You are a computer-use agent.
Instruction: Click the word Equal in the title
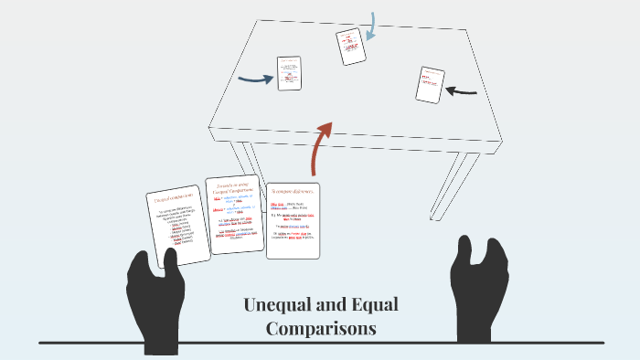coord(372,305)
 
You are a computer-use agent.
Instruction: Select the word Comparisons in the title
coord(321,329)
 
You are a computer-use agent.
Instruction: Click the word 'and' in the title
coord(329,305)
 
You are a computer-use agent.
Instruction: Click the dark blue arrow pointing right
coord(255,79)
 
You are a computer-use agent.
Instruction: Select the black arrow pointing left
coord(462,90)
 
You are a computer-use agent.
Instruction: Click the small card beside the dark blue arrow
coord(289,73)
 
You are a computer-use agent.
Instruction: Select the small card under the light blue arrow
coord(350,47)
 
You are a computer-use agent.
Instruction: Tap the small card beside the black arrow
coord(429,85)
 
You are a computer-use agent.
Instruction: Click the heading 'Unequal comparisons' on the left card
coord(174,198)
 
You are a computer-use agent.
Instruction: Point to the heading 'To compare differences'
coord(293,192)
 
